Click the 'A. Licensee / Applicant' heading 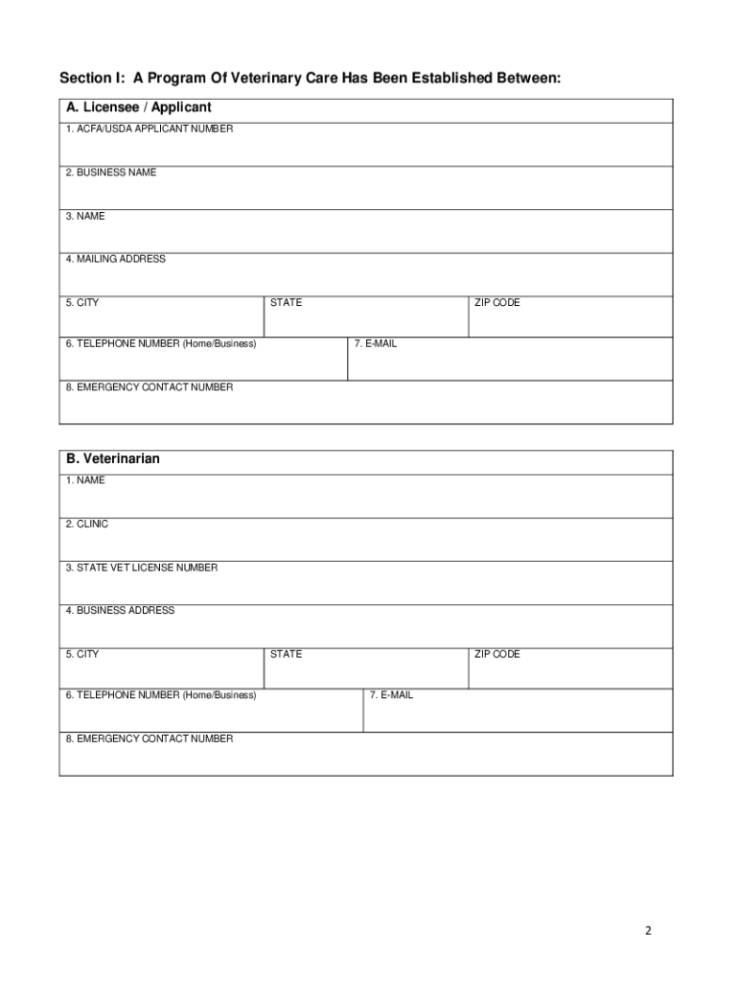pyautogui.click(x=138, y=107)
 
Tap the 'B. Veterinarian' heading pyautogui.click(x=112, y=459)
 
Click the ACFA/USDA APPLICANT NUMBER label pyautogui.click(x=149, y=129)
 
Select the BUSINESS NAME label pyautogui.click(x=110, y=173)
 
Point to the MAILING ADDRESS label pyautogui.click(x=115, y=259)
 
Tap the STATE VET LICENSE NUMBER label pyautogui.click(x=141, y=568)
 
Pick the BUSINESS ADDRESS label pyautogui.click(x=120, y=611)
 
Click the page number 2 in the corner pyautogui.click(x=648, y=930)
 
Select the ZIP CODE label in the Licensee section pyautogui.click(x=497, y=303)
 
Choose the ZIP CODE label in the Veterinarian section pyautogui.click(x=497, y=655)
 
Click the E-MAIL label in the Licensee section pyautogui.click(x=375, y=343)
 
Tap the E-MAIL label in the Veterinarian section pyautogui.click(x=392, y=695)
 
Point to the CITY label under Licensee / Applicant pyautogui.click(x=81, y=303)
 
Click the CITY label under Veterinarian pyautogui.click(x=81, y=655)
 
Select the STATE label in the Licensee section pyautogui.click(x=286, y=303)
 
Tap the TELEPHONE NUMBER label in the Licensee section pyautogui.click(x=160, y=343)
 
